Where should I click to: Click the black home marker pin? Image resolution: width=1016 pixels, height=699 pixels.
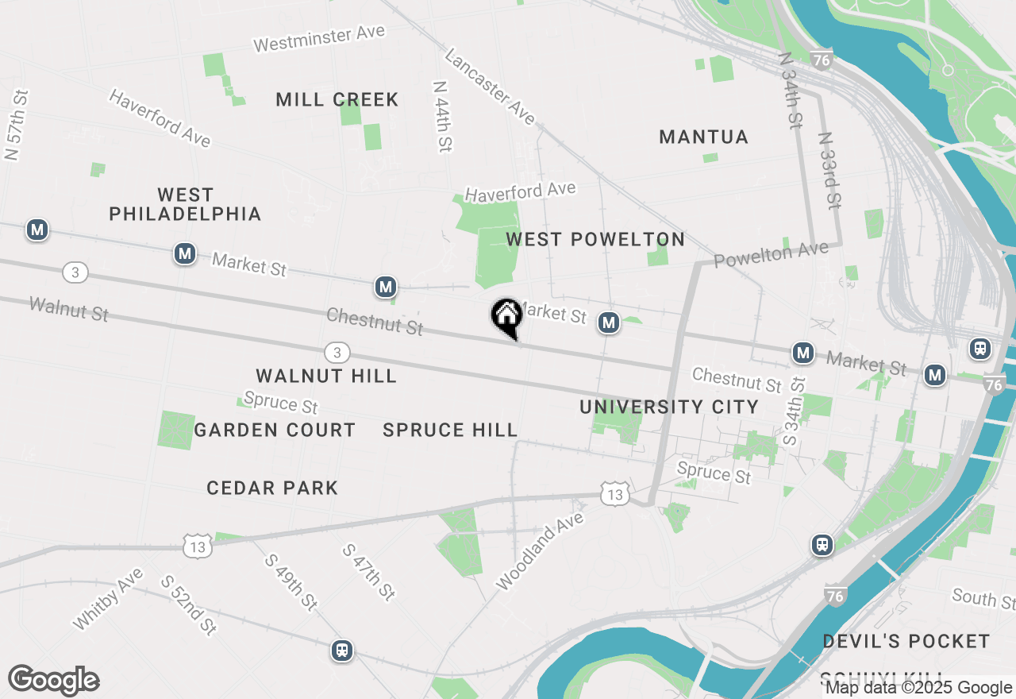(506, 317)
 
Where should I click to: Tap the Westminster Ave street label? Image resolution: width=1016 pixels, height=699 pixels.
(319, 38)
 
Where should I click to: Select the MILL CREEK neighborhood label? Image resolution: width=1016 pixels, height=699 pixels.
(337, 99)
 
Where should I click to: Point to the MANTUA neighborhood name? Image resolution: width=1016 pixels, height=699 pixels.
(704, 137)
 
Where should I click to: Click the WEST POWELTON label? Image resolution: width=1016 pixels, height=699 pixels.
(595, 239)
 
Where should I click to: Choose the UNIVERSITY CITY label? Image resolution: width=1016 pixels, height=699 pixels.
(669, 407)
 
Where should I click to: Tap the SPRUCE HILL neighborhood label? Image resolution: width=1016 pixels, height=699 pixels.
(450, 430)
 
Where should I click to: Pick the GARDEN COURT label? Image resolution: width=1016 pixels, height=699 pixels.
(275, 430)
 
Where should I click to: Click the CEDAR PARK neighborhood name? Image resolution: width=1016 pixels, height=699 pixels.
(272, 488)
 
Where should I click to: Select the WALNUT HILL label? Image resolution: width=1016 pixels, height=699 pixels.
(326, 376)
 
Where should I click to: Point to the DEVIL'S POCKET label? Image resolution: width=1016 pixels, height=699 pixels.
(906, 641)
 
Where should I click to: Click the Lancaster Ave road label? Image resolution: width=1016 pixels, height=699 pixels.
(490, 87)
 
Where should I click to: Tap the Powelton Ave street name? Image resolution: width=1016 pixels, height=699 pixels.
(771, 255)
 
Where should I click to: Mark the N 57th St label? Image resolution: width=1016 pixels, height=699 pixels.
(17, 125)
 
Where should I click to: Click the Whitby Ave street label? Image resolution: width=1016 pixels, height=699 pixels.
(108, 599)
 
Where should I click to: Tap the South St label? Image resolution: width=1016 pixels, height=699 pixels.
(983, 597)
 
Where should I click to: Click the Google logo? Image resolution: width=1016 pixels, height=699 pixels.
(53, 681)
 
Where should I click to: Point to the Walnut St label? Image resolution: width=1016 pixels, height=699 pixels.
(68, 309)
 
